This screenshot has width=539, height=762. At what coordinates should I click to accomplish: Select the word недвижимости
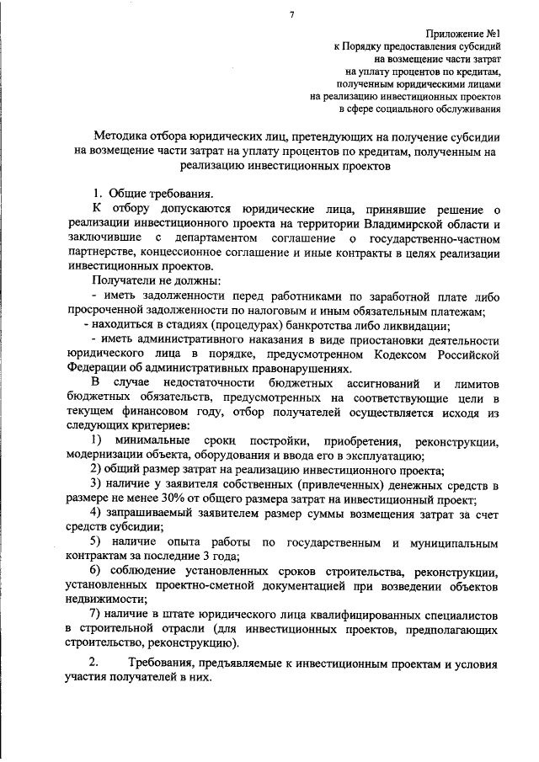104,599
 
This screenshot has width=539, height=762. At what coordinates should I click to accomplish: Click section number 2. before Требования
95,665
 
